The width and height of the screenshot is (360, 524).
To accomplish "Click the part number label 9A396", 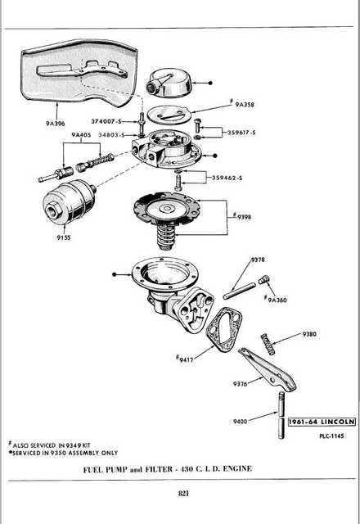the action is point(56,124).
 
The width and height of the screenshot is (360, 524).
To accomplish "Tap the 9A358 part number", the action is point(245,105).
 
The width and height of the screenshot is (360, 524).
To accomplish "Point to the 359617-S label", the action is point(241,133).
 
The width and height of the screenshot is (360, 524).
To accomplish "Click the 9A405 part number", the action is point(81,135).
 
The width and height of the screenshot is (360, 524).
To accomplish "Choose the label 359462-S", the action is point(227,178).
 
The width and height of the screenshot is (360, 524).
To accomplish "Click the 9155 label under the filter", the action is point(64,237).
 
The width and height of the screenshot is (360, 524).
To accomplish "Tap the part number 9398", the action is point(244,217).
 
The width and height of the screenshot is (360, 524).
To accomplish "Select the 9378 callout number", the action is point(258,260).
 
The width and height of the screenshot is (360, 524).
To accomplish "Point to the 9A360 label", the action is point(277,300).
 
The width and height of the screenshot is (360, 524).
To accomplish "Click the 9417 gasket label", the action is point(187,359).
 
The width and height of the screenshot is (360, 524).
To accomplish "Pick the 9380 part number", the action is point(309,334).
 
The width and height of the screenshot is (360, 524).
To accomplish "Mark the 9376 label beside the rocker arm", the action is point(240,384).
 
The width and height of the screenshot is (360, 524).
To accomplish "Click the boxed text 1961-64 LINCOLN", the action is point(322,422).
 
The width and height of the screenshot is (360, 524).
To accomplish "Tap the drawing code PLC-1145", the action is point(331,436).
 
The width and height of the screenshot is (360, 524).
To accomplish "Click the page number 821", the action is point(183,493).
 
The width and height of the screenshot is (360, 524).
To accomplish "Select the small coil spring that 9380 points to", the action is point(268,344).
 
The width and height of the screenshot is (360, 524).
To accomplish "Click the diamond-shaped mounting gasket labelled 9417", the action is point(223,330).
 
